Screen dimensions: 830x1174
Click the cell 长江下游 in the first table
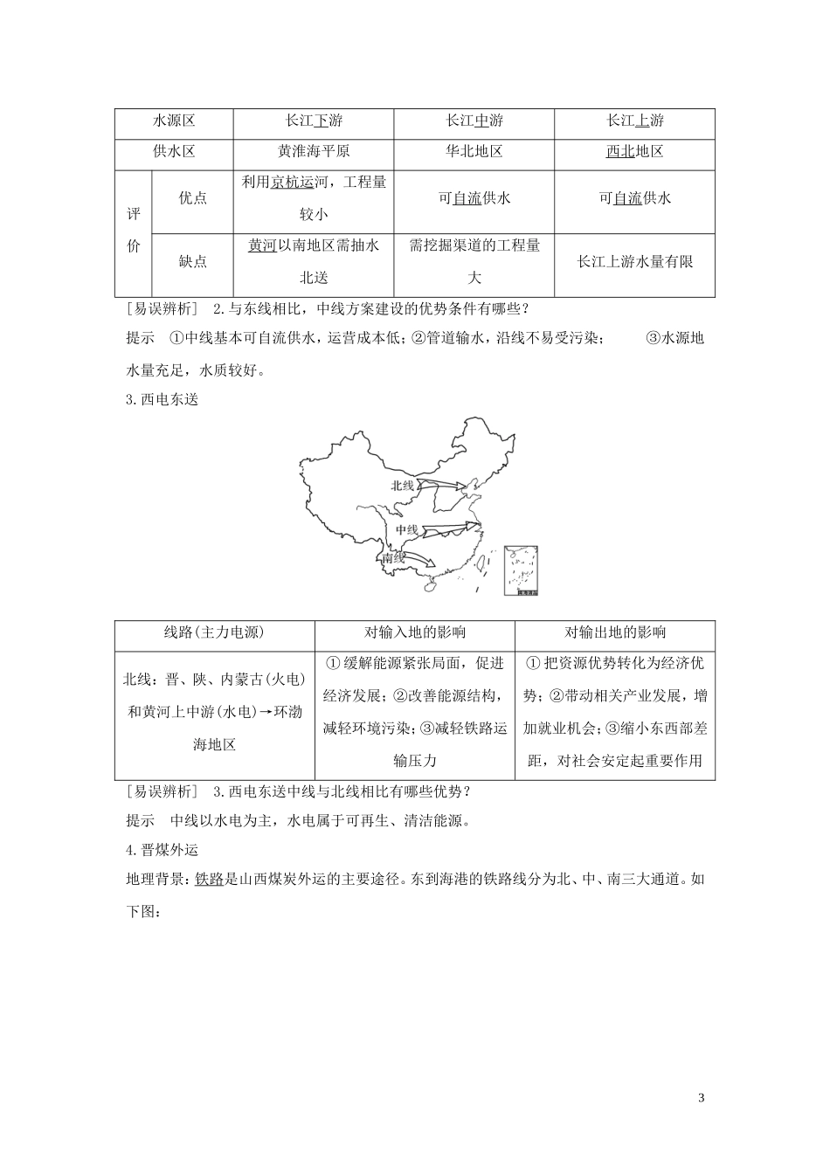click(314, 121)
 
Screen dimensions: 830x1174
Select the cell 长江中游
click(474, 121)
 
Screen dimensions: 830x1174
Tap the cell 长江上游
click(634, 121)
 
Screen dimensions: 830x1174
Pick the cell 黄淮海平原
click(314, 151)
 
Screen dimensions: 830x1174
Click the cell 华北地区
click(474, 151)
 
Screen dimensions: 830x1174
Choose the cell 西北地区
click(634, 151)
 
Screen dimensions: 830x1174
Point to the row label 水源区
click(174, 121)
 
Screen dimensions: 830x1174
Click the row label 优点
click(192, 198)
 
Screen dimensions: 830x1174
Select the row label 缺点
click(192, 261)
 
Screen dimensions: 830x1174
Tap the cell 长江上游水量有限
click(634, 261)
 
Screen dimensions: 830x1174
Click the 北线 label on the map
click(403, 485)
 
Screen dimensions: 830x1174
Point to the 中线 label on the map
click(406, 529)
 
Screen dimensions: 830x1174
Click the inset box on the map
click(520, 571)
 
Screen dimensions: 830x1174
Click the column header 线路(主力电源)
click(214, 632)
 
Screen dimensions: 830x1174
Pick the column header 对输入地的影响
click(414, 632)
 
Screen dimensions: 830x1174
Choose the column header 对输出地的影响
click(614, 632)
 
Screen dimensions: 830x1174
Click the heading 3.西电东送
click(163, 401)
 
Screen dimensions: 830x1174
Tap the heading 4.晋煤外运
click(163, 850)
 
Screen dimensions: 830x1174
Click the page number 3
click(701, 1097)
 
